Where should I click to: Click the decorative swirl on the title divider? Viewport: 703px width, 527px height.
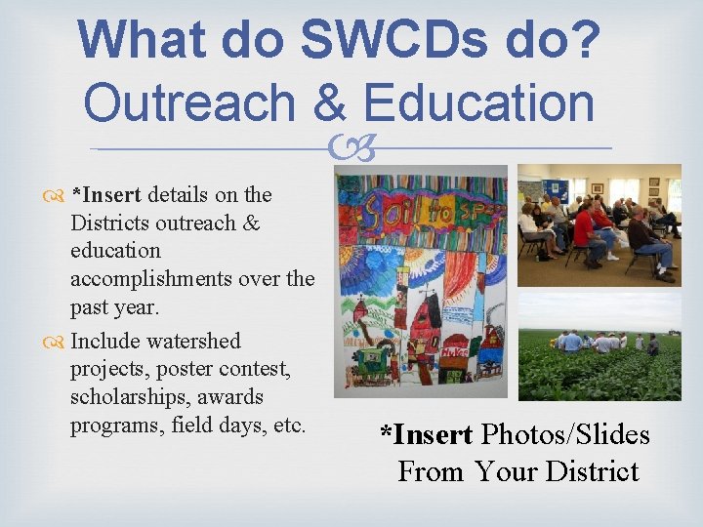(x=351, y=149)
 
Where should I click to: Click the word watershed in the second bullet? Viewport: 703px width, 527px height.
(x=192, y=341)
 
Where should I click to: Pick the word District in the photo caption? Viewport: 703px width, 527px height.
(x=592, y=471)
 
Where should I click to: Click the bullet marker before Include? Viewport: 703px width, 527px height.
(x=59, y=342)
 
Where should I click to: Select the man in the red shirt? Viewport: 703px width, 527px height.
(x=587, y=233)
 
